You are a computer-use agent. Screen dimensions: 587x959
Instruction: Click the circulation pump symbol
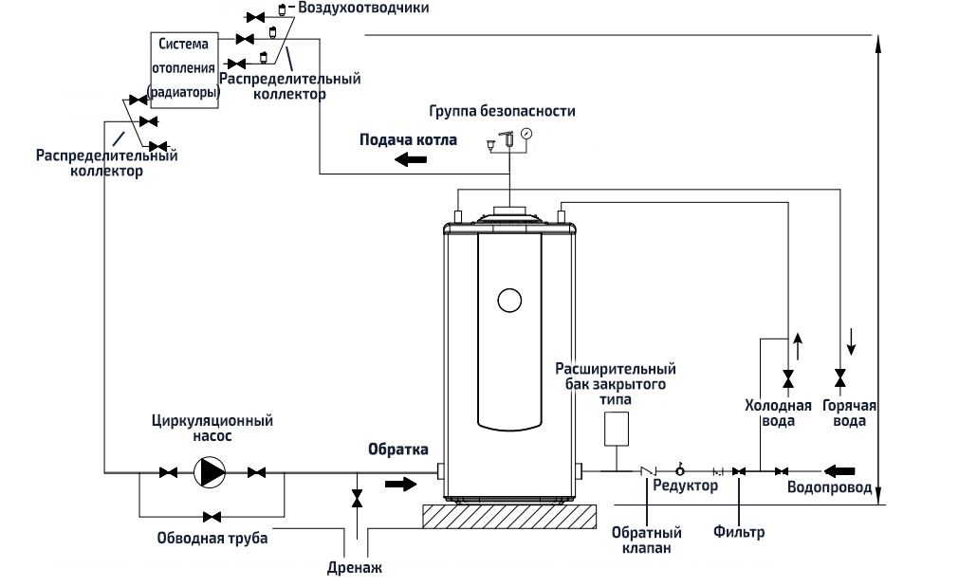[210, 471]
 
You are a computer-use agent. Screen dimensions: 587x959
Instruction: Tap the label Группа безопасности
[502, 111]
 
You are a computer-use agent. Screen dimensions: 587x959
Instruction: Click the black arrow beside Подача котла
[410, 159]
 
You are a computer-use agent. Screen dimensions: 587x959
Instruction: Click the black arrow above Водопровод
[840, 470]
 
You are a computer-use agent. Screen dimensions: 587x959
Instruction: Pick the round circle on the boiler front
[509, 301]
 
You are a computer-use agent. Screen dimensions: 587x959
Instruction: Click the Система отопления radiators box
[185, 70]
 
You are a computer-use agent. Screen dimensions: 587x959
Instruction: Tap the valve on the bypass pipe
[212, 516]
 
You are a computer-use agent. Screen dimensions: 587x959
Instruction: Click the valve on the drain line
[357, 497]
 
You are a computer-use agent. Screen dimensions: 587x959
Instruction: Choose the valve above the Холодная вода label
[787, 379]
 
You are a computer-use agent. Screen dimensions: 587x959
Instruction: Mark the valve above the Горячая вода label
[839, 379]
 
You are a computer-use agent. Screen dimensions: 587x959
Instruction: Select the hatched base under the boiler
[509, 517]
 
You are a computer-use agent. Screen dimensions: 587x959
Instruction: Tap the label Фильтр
[739, 532]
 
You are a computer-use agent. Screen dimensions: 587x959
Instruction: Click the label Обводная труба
[212, 539]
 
